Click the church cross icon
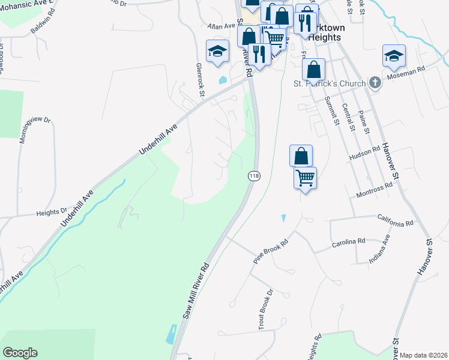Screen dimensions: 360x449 pyautogui.click(x=375, y=83)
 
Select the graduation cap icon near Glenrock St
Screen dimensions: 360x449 pyautogui.click(x=217, y=51)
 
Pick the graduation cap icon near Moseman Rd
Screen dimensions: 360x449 pyautogui.click(x=394, y=56)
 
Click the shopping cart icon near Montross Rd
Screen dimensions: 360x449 pyautogui.click(x=305, y=178)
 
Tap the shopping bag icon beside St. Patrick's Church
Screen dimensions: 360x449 pyautogui.click(x=313, y=70)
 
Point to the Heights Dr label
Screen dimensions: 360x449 pyautogui.click(x=52, y=212)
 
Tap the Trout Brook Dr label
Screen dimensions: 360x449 pyautogui.click(x=265, y=307)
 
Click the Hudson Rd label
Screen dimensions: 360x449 pyautogui.click(x=365, y=154)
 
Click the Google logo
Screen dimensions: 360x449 pyautogui.click(x=20, y=353)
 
